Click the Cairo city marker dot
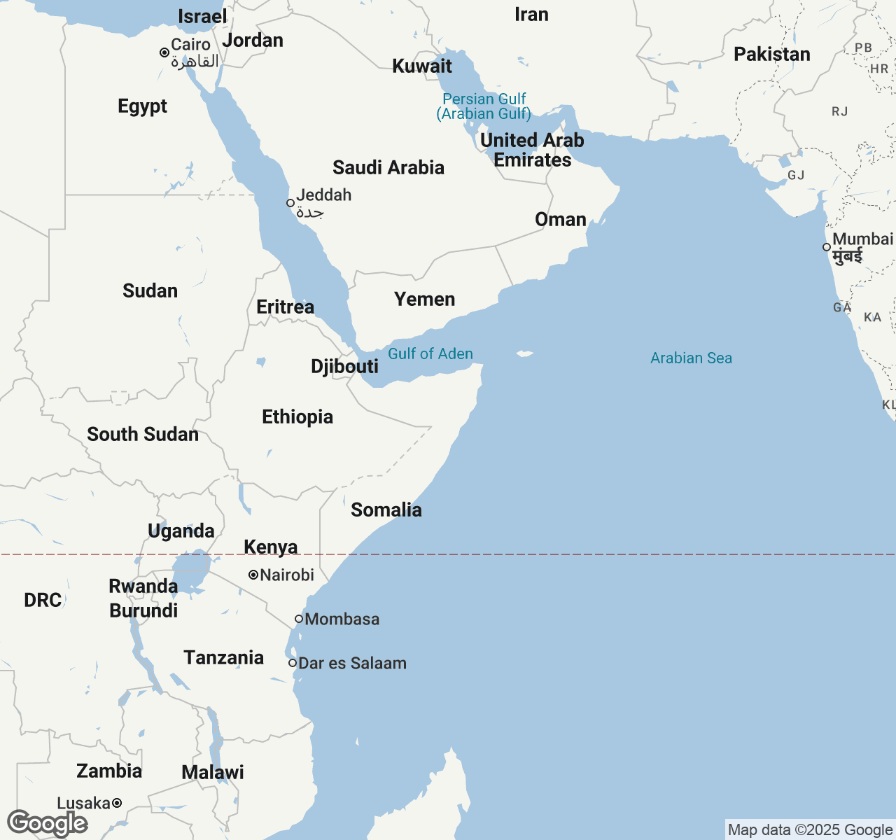[x=164, y=52]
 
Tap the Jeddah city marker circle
[x=290, y=203]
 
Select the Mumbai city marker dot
[x=827, y=247]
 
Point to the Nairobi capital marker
[x=253, y=575]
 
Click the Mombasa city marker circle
[x=299, y=619]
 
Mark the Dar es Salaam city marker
[x=293, y=663]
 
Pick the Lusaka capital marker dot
[x=117, y=803]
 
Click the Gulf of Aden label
[x=430, y=354]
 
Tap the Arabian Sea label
[x=691, y=358]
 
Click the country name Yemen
[x=424, y=300]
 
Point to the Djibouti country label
[x=344, y=367]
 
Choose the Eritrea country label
[x=285, y=307]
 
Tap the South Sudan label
[x=143, y=435]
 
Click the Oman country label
[x=560, y=220]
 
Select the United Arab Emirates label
[x=532, y=150]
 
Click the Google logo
[x=47, y=823]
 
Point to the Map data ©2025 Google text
[x=810, y=830]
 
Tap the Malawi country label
[x=213, y=773]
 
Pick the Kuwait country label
[x=422, y=66]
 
